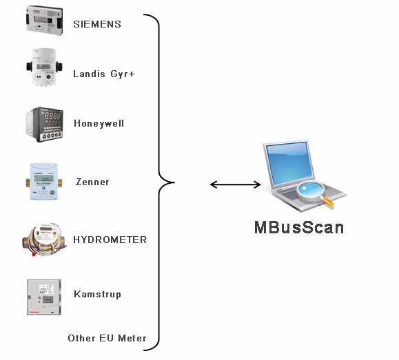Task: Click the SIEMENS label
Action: pyautogui.click(x=97, y=24)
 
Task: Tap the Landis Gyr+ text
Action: pyautogui.click(x=104, y=74)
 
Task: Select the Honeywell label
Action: pyautogui.click(x=99, y=124)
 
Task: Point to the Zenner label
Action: pyautogui.click(x=92, y=182)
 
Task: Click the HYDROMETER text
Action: pyautogui.click(x=110, y=240)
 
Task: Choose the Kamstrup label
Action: pyautogui.click(x=97, y=295)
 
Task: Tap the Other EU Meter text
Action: pyautogui.click(x=107, y=338)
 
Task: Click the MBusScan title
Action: pyautogui.click(x=299, y=227)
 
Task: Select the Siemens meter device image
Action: pyautogui.click(x=45, y=21)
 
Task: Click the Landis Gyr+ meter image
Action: pyautogui.click(x=44, y=67)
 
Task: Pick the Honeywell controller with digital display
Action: pyautogui.click(x=45, y=125)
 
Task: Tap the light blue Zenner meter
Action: pyautogui.click(x=44, y=182)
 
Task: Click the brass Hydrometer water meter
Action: pyautogui.click(x=44, y=239)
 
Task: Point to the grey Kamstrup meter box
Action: pyautogui.click(x=44, y=297)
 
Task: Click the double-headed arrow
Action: pyautogui.click(x=236, y=184)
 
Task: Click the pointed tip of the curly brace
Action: pyautogui.click(x=174, y=182)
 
